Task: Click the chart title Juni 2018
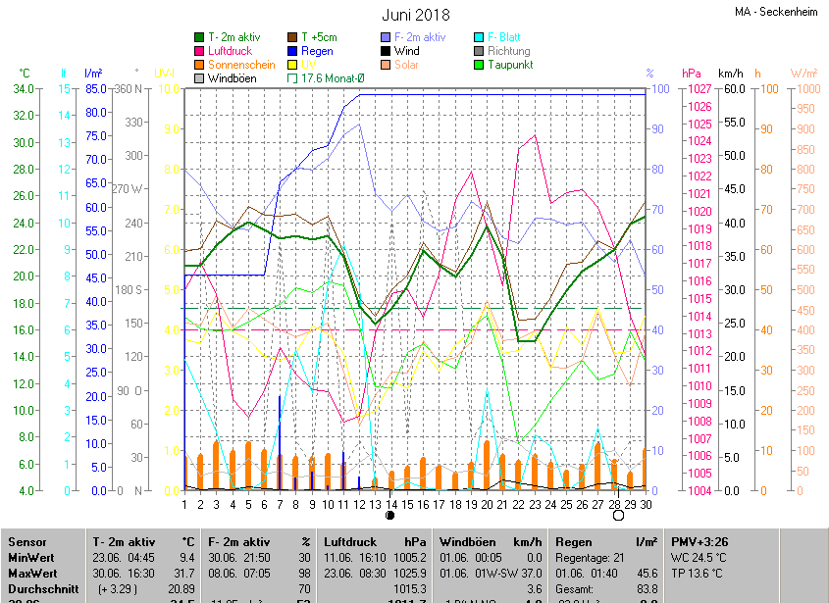pos(415,15)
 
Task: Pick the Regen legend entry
pos(316,51)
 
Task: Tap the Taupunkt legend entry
pos(509,65)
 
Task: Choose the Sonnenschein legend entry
pos(240,65)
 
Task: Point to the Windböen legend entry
pos(232,78)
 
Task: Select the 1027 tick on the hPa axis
pos(699,89)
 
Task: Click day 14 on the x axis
pos(391,504)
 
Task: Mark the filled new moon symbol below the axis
pos(390,515)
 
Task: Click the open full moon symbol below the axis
pos(617,515)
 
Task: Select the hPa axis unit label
pos(691,74)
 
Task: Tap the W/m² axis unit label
pos(803,74)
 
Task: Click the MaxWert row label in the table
pos(32,573)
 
